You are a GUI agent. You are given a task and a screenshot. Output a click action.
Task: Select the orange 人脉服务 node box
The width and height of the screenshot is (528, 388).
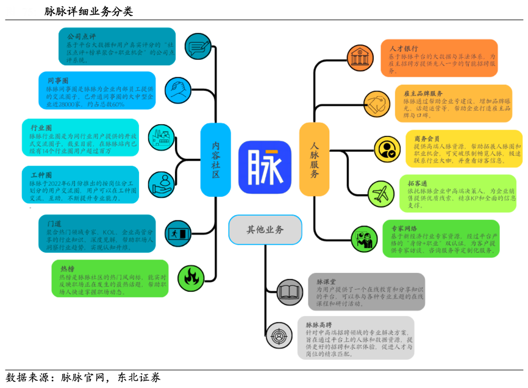pos(315,160)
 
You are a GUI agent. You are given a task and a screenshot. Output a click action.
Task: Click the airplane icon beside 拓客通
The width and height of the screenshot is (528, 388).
pos(380,194)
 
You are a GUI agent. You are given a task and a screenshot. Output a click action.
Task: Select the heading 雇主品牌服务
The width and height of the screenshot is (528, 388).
pos(423,93)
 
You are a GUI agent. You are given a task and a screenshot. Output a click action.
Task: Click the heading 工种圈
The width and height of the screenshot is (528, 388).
pos(41,174)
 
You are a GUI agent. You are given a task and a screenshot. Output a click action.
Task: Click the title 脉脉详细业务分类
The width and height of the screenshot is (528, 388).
pos(88,12)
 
